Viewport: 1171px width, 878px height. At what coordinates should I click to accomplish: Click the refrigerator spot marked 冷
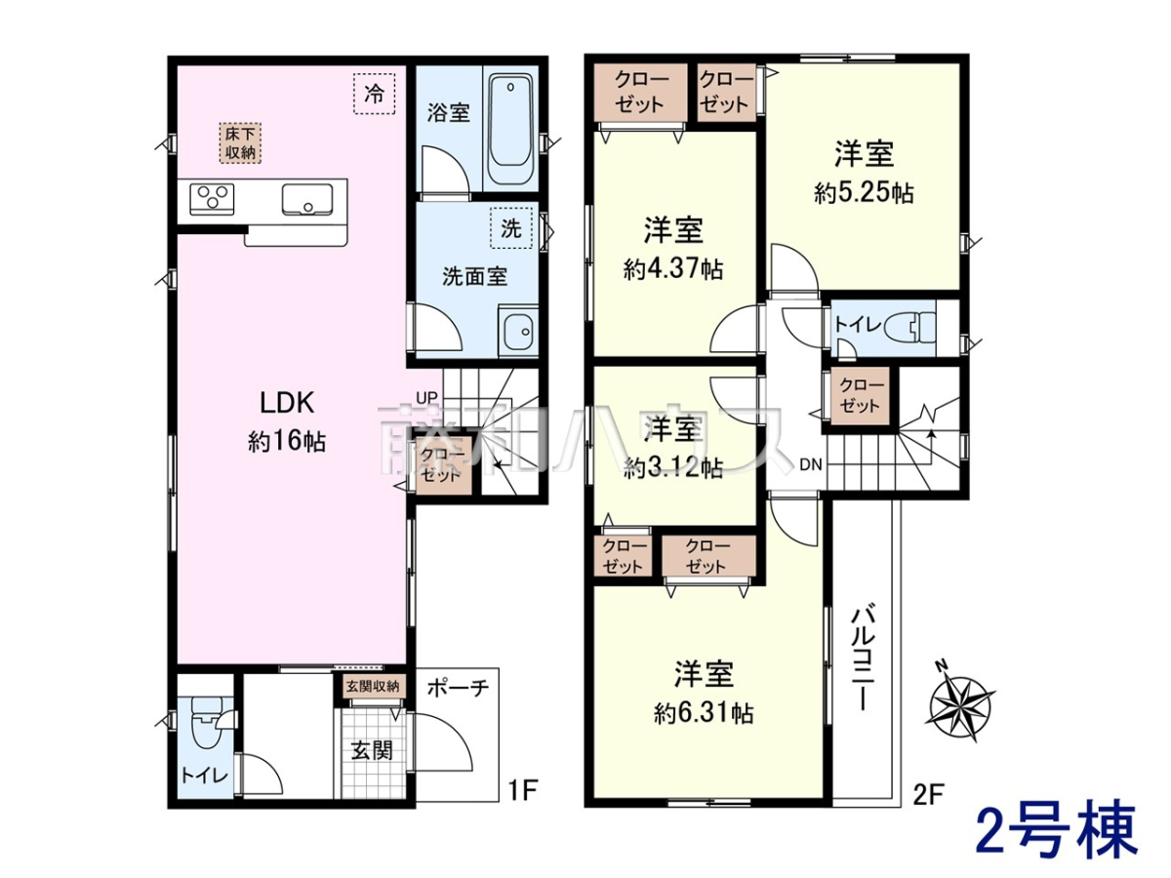pyautogui.click(x=374, y=94)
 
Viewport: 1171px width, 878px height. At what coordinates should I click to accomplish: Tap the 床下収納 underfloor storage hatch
pyautogui.click(x=240, y=142)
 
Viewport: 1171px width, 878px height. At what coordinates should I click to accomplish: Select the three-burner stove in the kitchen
pyautogui.click(x=212, y=199)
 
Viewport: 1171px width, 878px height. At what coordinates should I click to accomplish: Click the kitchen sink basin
pyautogui.click(x=306, y=199)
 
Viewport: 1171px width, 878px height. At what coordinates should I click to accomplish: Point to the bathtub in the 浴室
pyautogui.click(x=511, y=129)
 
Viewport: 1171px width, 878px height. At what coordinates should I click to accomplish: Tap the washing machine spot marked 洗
pyautogui.click(x=511, y=228)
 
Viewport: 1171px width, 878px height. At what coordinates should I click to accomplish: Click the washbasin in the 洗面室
pyautogui.click(x=518, y=332)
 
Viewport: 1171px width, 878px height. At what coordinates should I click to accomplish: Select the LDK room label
pyautogui.click(x=287, y=403)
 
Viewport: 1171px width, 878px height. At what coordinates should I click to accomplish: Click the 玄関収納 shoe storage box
pyautogui.click(x=373, y=686)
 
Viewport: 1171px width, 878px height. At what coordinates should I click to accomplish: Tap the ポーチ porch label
pyautogui.click(x=459, y=688)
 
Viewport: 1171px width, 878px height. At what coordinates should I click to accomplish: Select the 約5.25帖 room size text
pyautogui.click(x=864, y=193)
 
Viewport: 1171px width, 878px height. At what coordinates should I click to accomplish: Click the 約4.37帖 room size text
pyautogui.click(x=673, y=270)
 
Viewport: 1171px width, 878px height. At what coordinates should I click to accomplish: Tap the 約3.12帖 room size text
pyautogui.click(x=673, y=468)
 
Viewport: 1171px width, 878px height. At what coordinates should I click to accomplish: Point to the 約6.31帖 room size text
pyautogui.click(x=704, y=713)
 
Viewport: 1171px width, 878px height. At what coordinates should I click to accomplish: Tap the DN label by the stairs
pyautogui.click(x=810, y=465)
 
